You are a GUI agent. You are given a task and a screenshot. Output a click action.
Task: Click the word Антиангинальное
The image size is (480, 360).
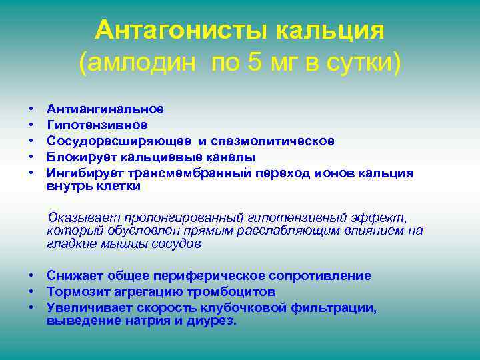click(105, 109)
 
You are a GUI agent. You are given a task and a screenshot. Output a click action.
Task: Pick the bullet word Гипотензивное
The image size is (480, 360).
click(97, 125)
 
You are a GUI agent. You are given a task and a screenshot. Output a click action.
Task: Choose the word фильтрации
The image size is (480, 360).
click(333, 308)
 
